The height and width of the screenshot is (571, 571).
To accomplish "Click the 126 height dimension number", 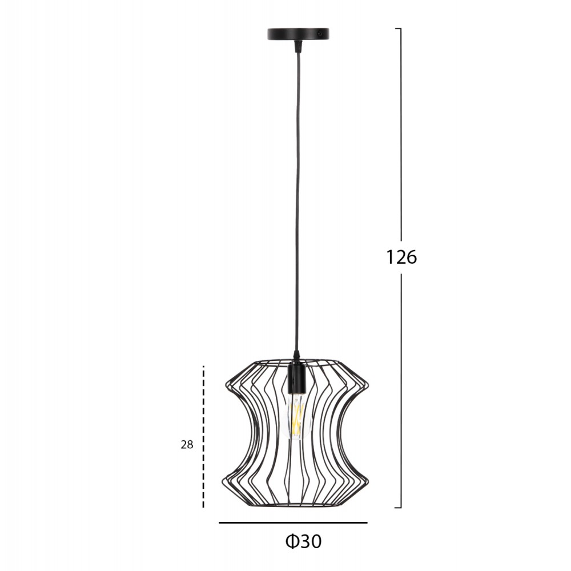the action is pos(401,258).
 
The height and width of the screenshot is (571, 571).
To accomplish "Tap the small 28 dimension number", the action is pos(187,445).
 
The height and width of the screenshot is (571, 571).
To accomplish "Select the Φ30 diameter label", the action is pos(303,541).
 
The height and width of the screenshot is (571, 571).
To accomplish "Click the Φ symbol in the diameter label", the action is pos(292,541).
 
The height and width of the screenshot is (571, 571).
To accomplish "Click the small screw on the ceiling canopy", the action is pos(319,33).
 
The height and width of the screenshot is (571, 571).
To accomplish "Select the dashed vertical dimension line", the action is pos(203,436).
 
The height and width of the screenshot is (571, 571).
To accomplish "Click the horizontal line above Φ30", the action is pos(293,523).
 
